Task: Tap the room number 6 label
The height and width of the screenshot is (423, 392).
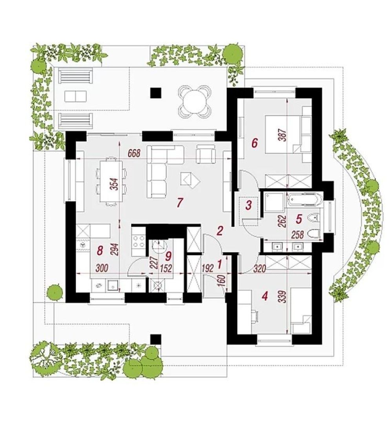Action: pos(254,143)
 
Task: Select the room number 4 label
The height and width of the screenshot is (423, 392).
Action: pos(265,296)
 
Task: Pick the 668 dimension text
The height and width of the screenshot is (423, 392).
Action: pos(134,153)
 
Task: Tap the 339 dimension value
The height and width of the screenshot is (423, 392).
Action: pos(283,297)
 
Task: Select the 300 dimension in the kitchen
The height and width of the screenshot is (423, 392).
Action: pos(102,268)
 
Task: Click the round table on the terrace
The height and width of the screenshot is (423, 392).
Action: pos(194,101)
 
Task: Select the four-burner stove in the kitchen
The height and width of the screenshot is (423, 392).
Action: pos(139,241)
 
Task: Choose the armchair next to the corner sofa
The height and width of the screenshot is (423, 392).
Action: pos(206,154)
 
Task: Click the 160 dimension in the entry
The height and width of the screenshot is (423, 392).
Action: pos(222,282)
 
